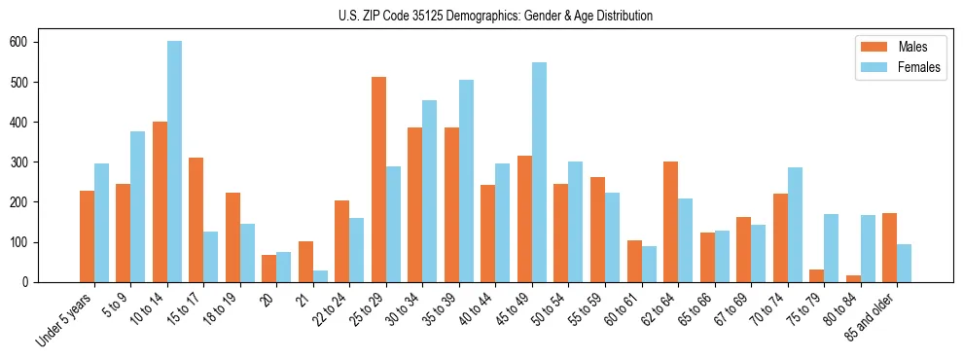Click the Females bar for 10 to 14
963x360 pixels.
click(x=174, y=162)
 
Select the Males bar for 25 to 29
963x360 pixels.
click(x=378, y=180)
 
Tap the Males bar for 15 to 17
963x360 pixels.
click(x=196, y=220)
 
